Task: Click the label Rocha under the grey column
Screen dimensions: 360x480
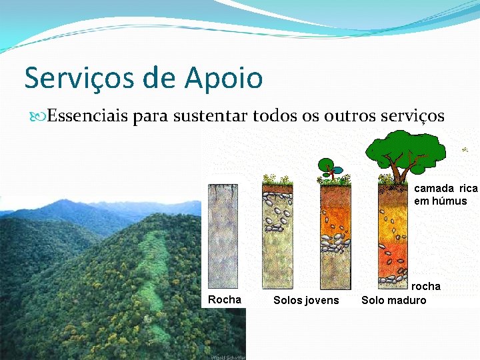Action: coord(225,300)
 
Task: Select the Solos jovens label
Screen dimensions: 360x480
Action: coord(306,301)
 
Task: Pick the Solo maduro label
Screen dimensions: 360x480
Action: coord(393,301)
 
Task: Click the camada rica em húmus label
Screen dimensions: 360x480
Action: coord(445,195)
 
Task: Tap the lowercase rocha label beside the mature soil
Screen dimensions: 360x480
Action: coord(425,287)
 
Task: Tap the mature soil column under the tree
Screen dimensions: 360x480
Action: coord(393,233)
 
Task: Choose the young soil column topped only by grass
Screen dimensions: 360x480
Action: coord(277,237)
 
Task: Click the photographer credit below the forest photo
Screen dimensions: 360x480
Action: coord(227,357)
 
